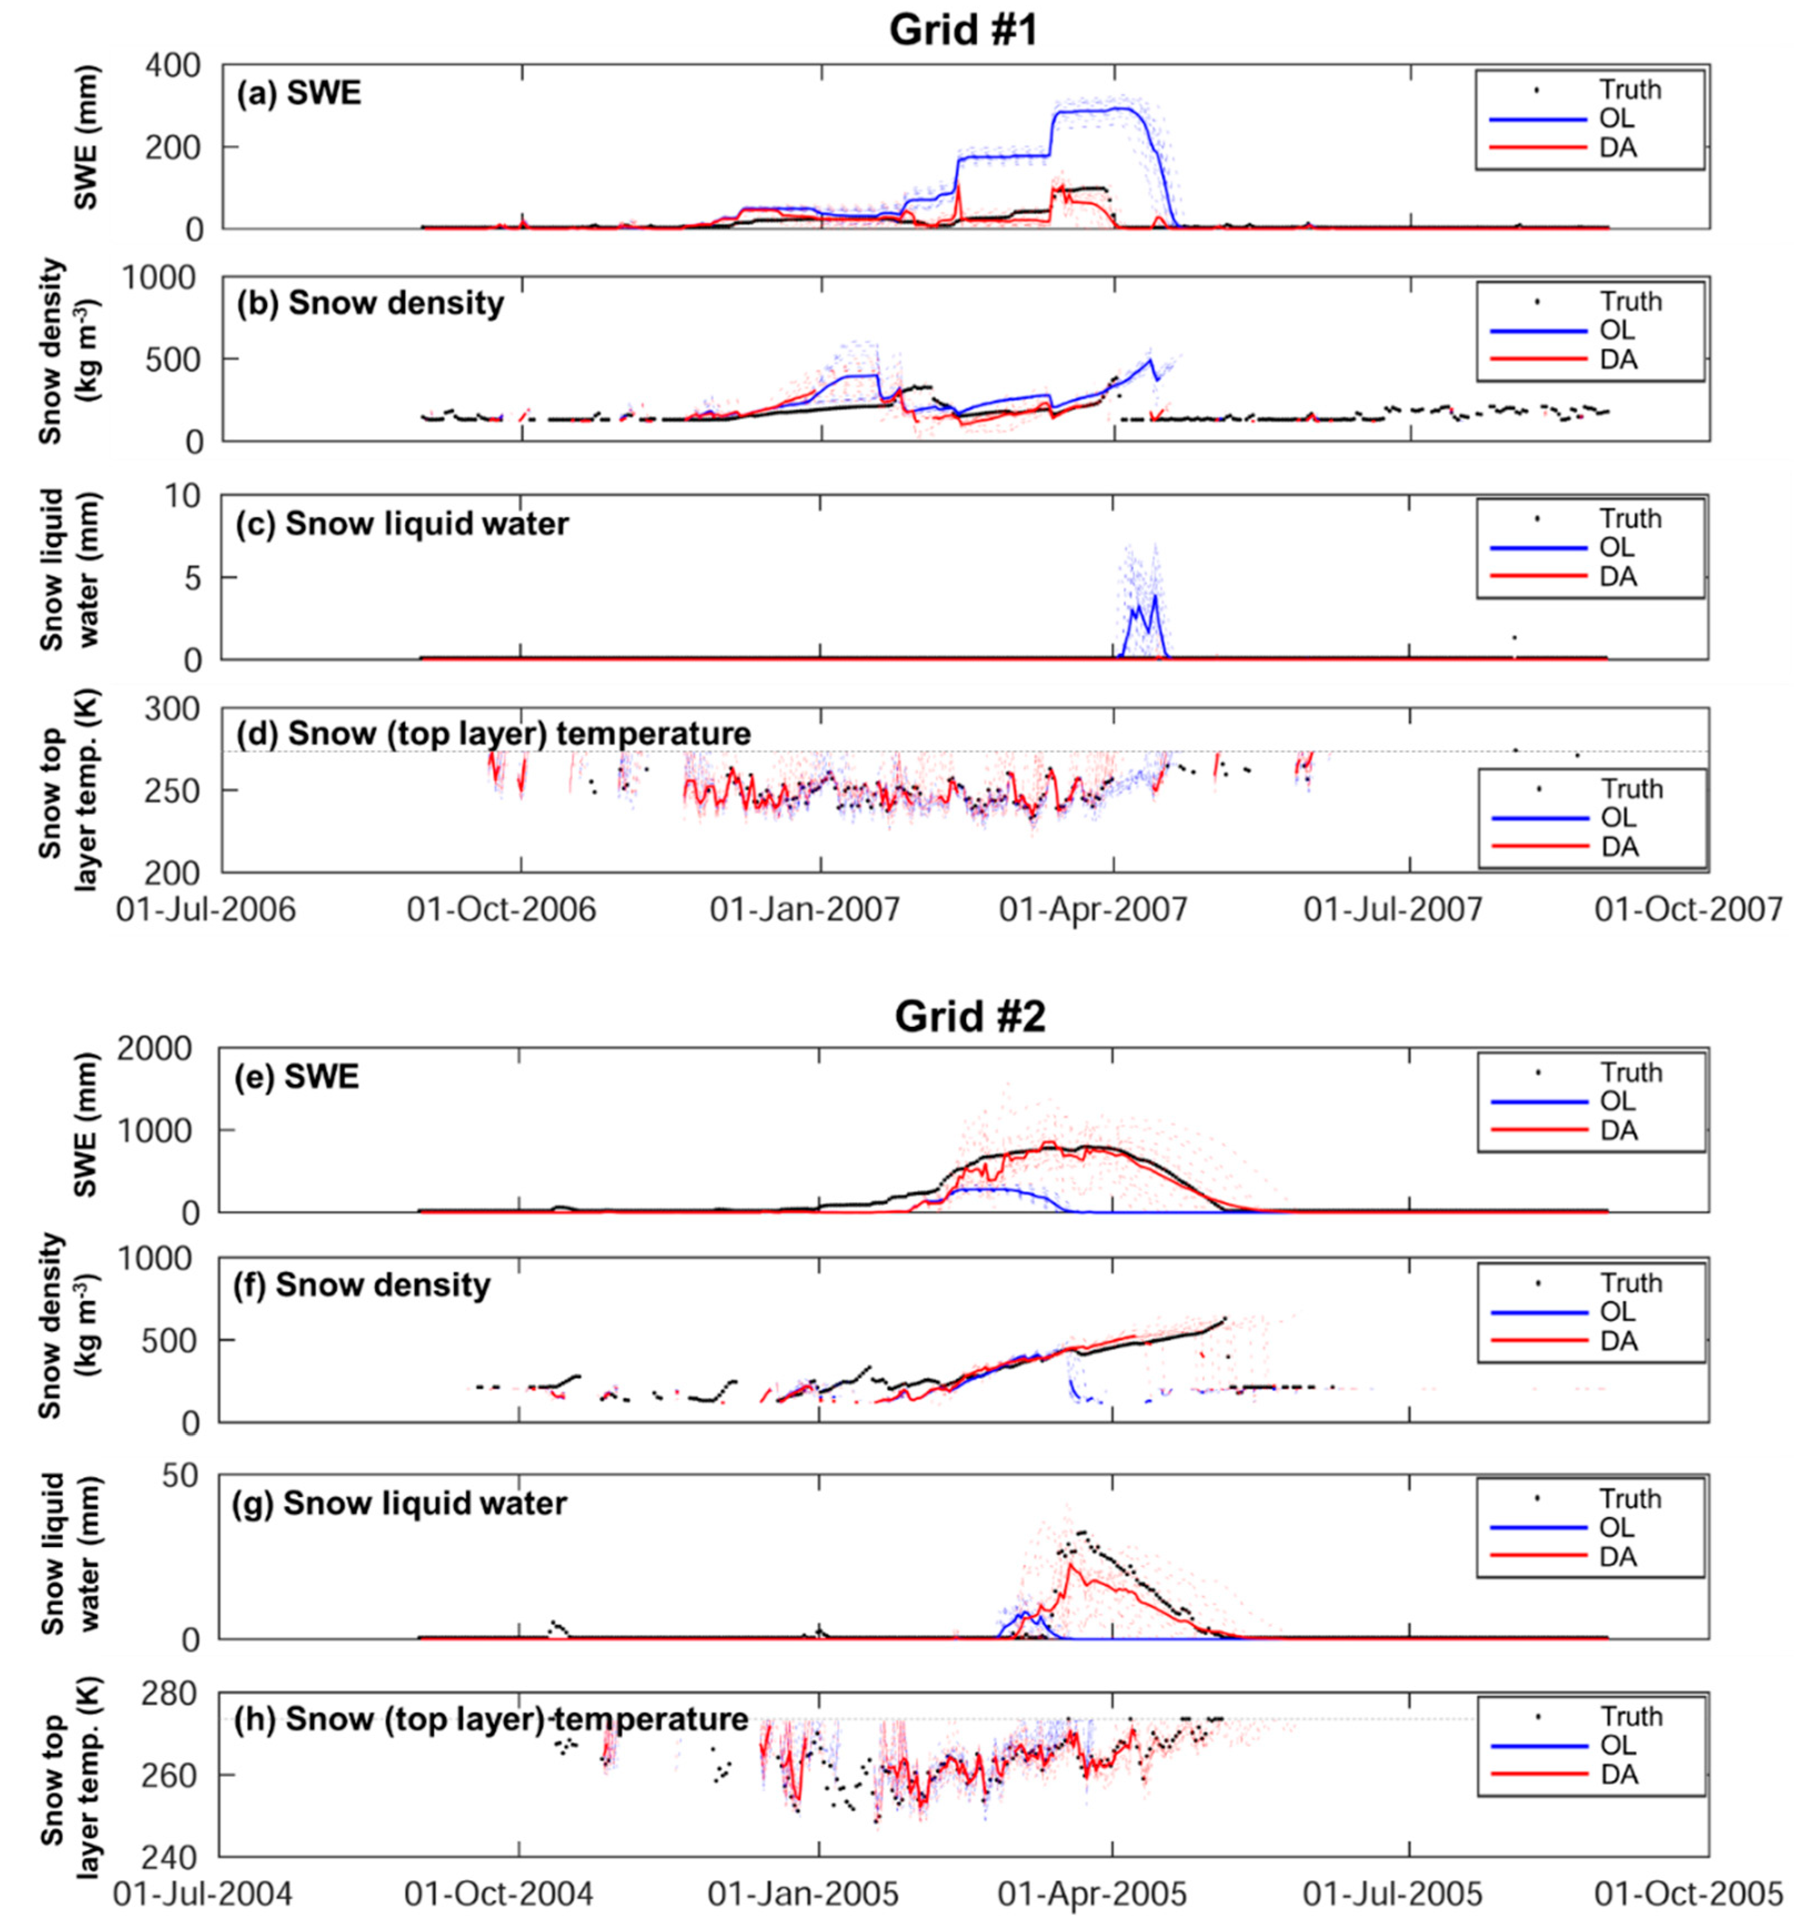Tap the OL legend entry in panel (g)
pos(1616,1527)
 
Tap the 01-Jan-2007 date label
pos(805,909)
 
